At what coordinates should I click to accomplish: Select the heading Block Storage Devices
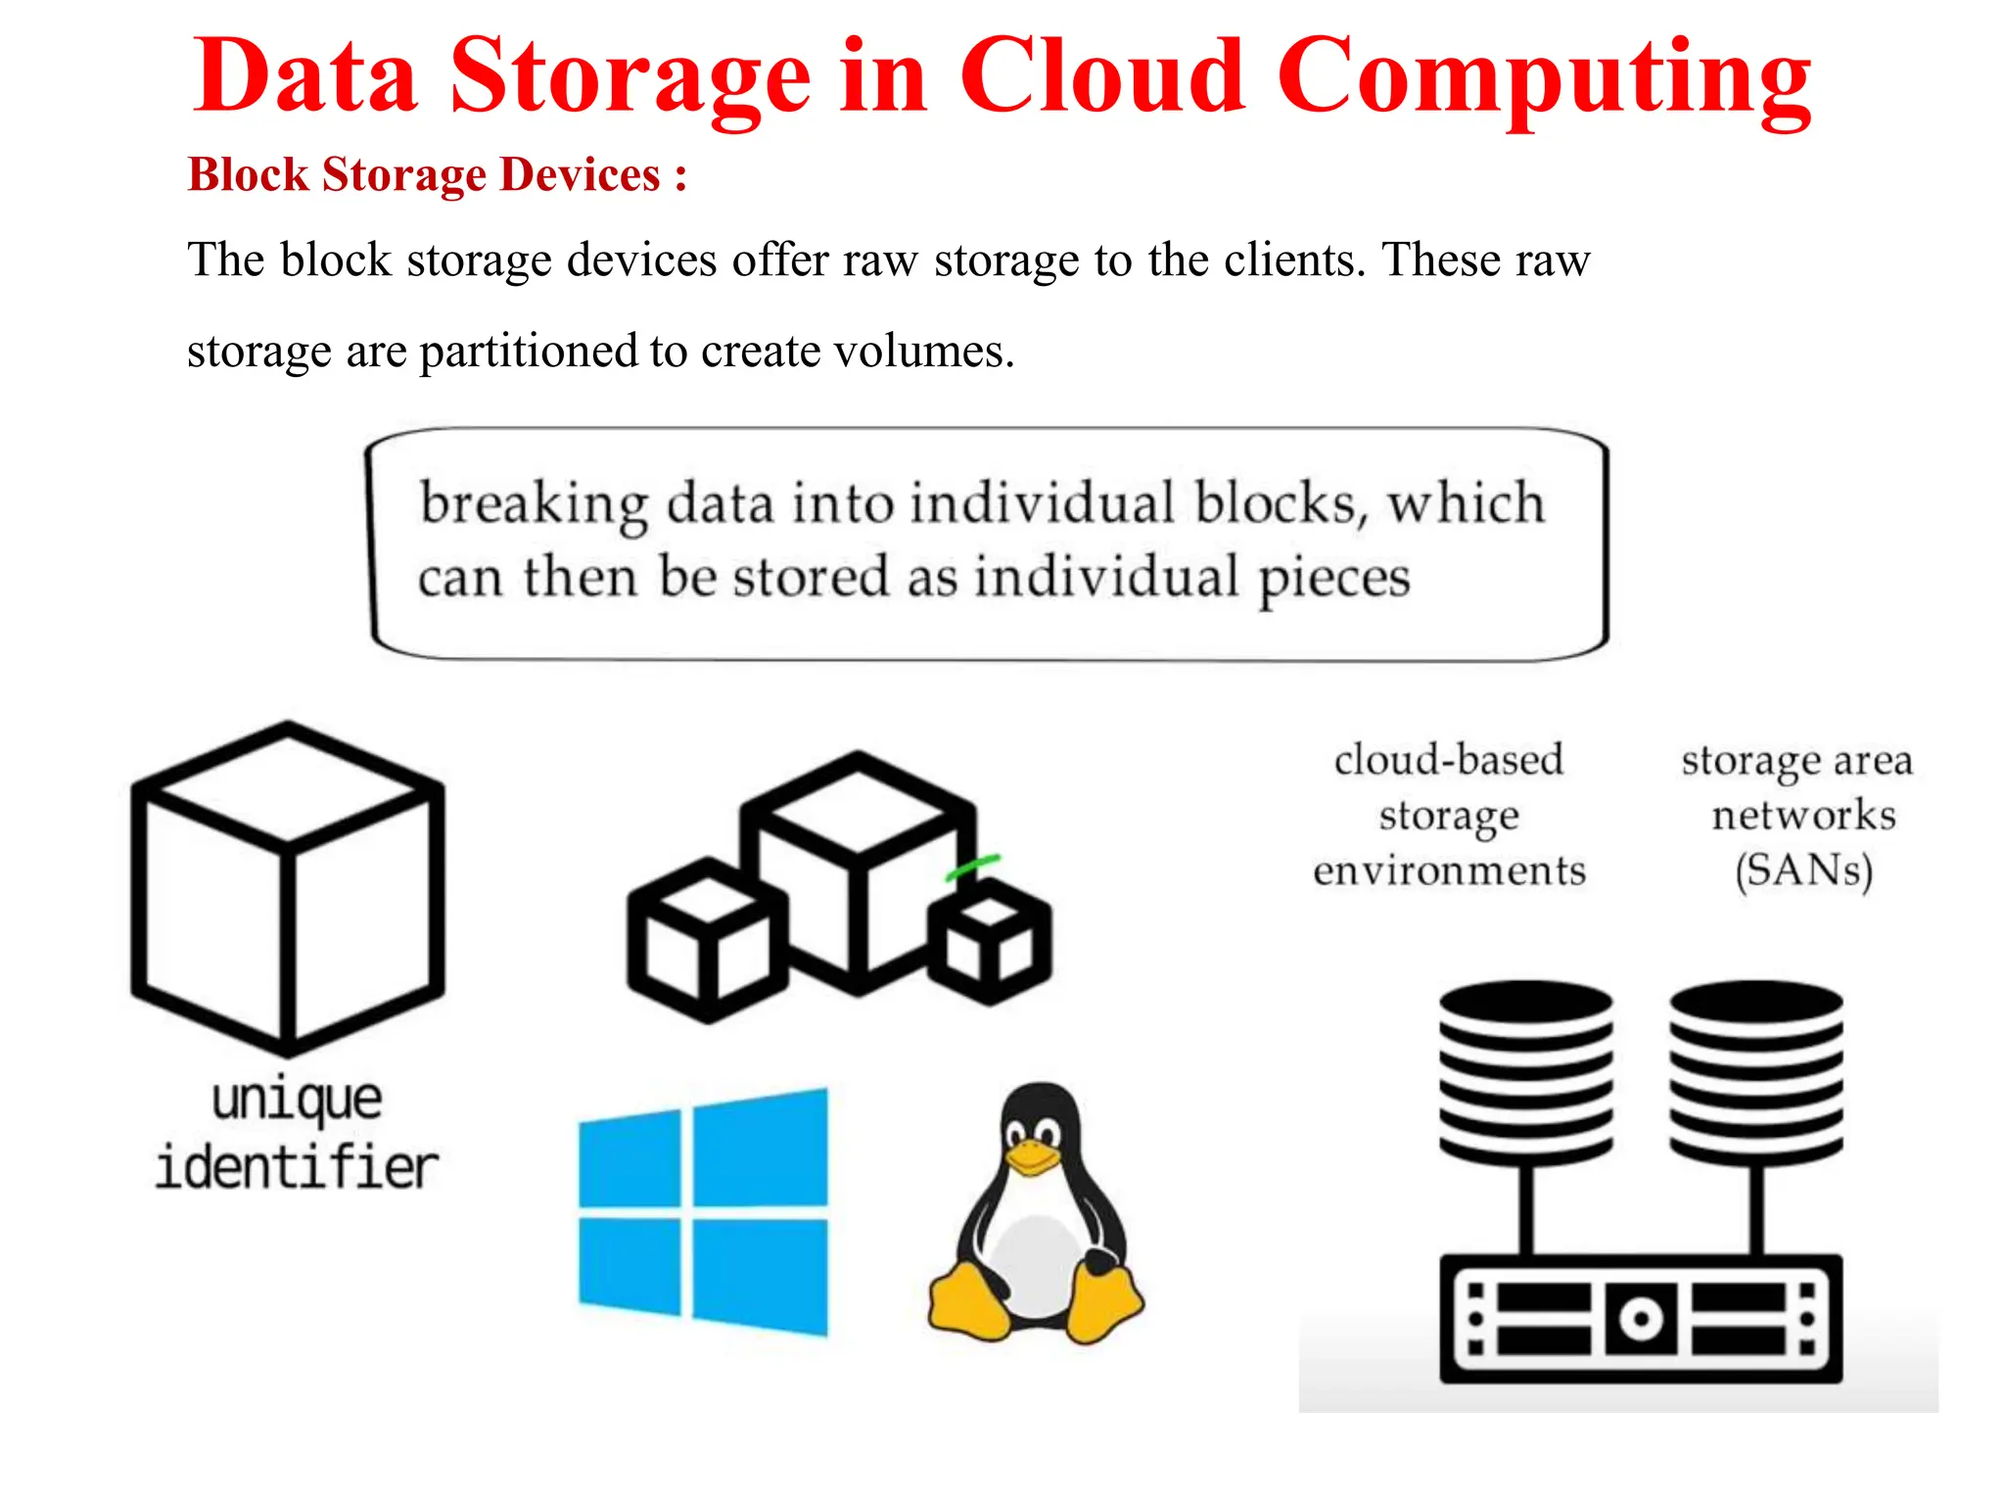pyautogui.click(x=437, y=175)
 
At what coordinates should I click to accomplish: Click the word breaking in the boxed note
pyautogui.click(x=534, y=504)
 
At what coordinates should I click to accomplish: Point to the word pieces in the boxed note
pyautogui.click(x=1333, y=578)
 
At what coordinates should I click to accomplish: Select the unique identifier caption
pyautogui.click(x=297, y=1133)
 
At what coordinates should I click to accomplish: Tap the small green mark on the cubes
pyautogui.click(x=972, y=867)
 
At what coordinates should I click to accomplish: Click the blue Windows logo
pyautogui.click(x=703, y=1211)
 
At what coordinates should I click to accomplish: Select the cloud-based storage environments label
pyautogui.click(x=1449, y=815)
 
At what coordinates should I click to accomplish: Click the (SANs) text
pyautogui.click(x=1803, y=870)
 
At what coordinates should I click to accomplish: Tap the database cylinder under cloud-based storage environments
pyautogui.click(x=1525, y=1072)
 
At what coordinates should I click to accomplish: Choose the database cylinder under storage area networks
pyautogui.click(x=1756, y=1072)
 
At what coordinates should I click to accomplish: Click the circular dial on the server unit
pyautogui.click(x=1641, y=1318)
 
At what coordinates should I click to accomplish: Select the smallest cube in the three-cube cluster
pyautogui.click(x=990, y=940)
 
